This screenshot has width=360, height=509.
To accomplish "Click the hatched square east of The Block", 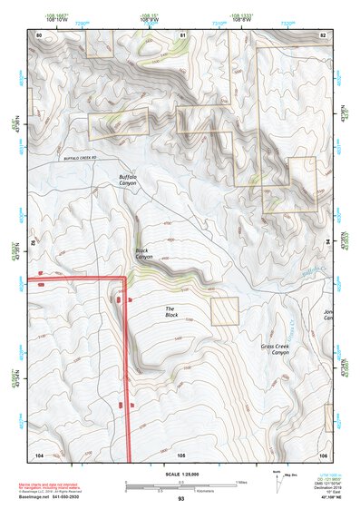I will tap(224, 310).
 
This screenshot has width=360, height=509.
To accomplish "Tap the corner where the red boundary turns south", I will tap(123, 279).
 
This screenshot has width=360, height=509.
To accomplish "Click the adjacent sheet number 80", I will tap(39, 34).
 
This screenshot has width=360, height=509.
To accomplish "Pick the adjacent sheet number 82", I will tap(324, 34).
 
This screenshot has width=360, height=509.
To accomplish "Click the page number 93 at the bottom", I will tap(181, 499).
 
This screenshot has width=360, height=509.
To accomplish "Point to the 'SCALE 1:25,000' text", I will tap(181, 474).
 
